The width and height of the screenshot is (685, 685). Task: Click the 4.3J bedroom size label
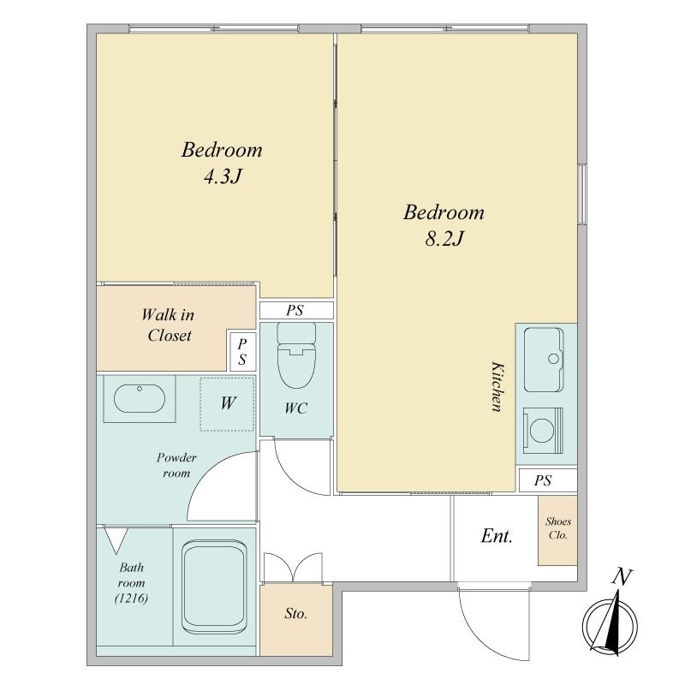pos(223,176)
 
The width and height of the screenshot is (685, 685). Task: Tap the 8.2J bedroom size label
pos(444,239)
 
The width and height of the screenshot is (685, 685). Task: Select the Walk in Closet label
pos(169,325)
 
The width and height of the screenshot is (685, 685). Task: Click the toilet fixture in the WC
pos(296,355)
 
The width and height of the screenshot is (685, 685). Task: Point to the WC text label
pos(295,408)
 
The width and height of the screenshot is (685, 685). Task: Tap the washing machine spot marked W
pos(227,403)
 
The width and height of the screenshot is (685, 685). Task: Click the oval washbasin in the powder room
pos(140,398)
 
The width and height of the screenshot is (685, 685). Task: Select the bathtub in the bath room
pos(214,587)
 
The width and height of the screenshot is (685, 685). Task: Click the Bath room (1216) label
pos(131,583)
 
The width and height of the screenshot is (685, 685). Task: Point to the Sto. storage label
pos(295,614)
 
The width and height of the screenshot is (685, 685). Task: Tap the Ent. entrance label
pos(497,536)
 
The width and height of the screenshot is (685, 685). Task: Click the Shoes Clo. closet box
pos(557,530)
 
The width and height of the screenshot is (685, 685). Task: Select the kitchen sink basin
pos(544,360)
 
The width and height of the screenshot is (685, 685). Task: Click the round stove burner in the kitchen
pos(542,431)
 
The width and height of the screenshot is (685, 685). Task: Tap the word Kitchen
pos(497,386)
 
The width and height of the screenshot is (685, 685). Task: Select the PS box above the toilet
pos(296,310)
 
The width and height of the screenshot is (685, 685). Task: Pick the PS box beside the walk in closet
pos(242,351)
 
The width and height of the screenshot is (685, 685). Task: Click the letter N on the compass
pos(622,577)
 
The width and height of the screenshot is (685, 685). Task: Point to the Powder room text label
pos(176,466)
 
